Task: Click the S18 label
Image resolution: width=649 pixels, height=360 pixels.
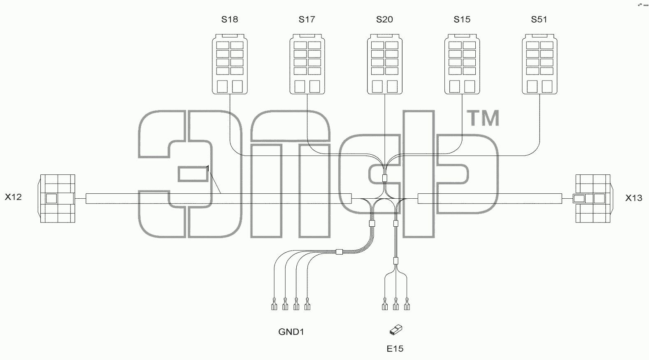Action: coord(230,19)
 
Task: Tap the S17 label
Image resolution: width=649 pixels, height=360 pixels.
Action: coord(307,19)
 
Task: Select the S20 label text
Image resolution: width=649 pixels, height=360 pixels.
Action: coord(384,19)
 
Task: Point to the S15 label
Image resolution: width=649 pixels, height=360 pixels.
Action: coord(462,19)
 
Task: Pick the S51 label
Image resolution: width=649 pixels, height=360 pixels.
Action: coord(539,19)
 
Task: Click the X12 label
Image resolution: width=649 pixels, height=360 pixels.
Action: coord(13,197)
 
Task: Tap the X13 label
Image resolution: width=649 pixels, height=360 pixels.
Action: coord(634,198)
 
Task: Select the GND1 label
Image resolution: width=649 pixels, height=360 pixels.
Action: coord(291,332)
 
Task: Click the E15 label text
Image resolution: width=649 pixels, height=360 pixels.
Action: coord(395,348)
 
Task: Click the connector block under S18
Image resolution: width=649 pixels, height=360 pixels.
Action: coord(230,64)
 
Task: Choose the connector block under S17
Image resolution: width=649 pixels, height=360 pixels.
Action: coord(307,64)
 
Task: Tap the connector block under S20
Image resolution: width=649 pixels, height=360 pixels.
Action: coord(385,64)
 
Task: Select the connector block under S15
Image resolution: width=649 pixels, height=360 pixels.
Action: coord(462,64)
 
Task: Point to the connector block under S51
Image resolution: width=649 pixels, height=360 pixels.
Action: coord(540,64)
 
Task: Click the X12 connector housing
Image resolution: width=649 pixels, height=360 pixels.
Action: coord(57,198)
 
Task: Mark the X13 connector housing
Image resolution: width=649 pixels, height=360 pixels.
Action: coord(593,198)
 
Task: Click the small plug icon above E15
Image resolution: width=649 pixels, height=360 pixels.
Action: coord(396,330)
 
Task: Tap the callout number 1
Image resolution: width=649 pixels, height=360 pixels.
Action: coord(207,168)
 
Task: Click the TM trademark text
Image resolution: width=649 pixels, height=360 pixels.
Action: coord(483,118)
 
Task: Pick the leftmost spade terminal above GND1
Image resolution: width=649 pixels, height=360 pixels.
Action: coord(274,304)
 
